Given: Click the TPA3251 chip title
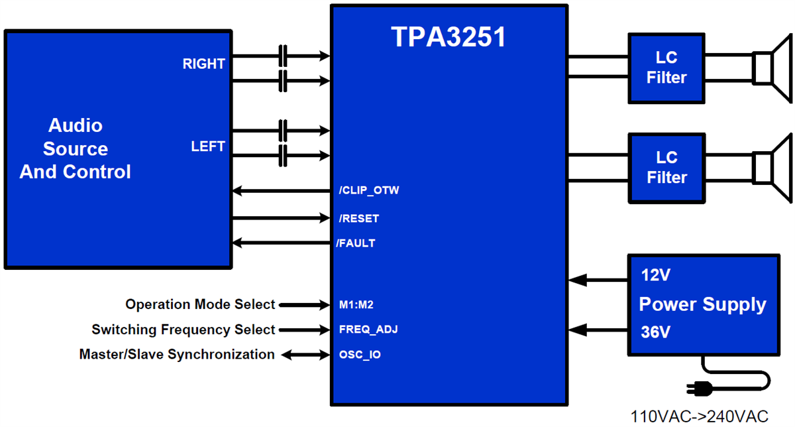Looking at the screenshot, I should click(449, 38).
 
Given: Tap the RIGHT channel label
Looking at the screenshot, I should click(203, 64).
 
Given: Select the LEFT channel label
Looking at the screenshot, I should click(208, 147).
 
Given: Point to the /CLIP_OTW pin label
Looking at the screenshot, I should click(369, 191).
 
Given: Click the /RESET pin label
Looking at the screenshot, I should click(358, 218).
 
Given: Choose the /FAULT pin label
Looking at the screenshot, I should click(356, 243).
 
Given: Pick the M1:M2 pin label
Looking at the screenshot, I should click(356, 305).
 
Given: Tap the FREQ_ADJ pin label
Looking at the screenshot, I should click(367, 330).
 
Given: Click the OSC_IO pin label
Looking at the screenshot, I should click(359, 355).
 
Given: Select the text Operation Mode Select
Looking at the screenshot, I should click(199, 304).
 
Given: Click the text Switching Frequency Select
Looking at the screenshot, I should click(183, 330).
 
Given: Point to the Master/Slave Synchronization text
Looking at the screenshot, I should click(176, 355).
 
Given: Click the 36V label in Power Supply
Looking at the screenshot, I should click(655, 332).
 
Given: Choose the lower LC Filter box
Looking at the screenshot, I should click(666, 168).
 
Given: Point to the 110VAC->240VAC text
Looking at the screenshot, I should click(700, 416).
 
